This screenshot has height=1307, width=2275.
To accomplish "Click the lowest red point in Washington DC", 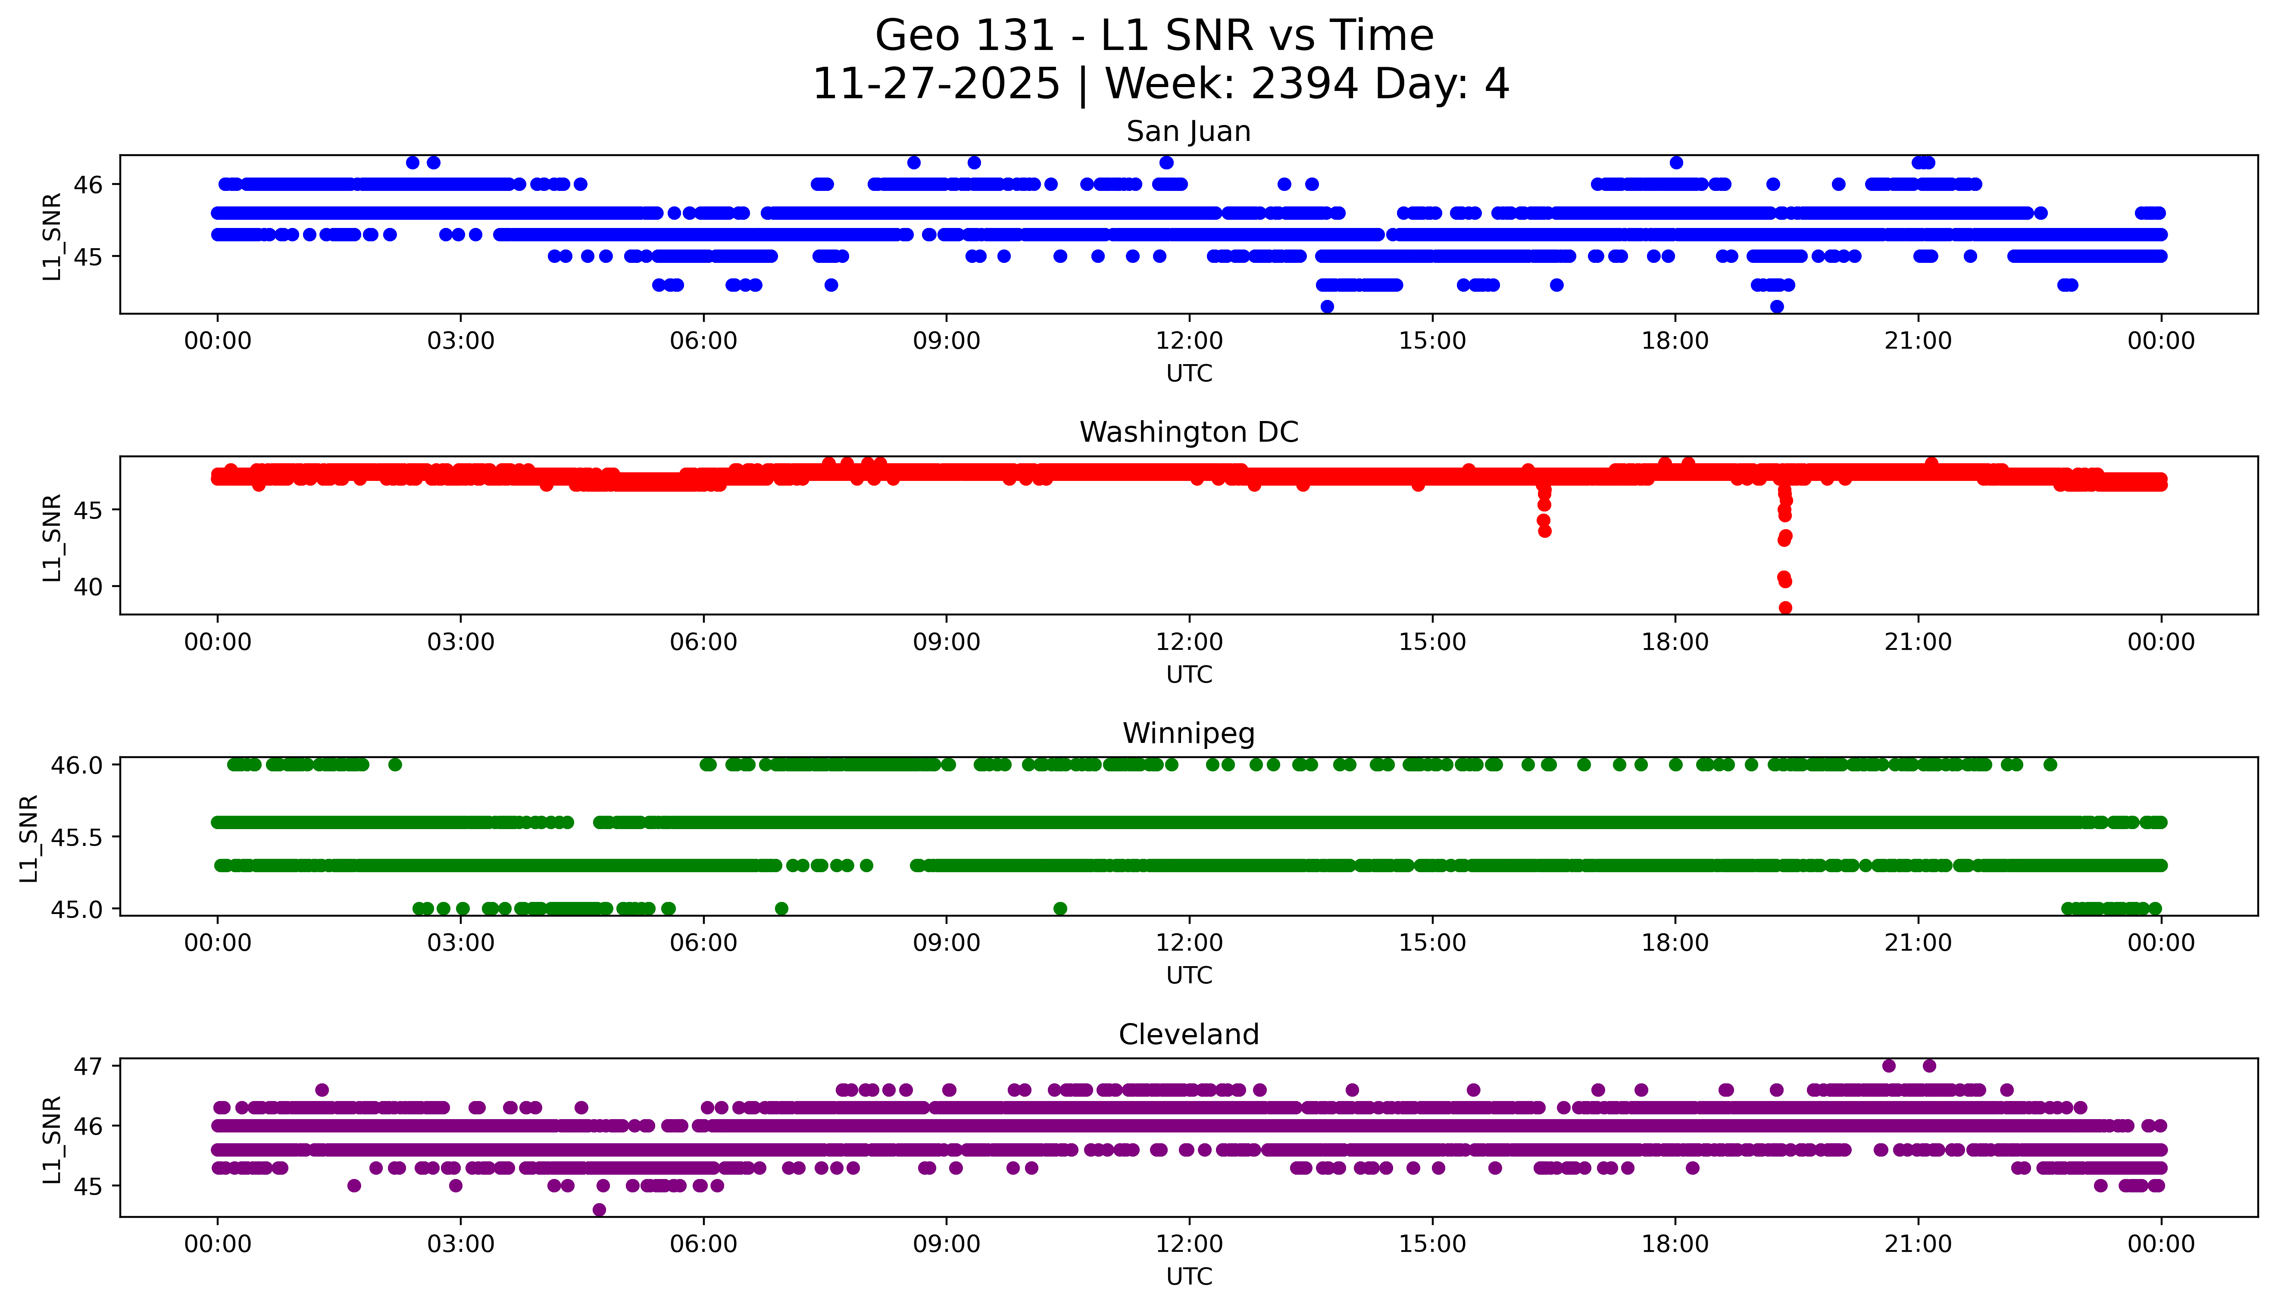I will pos(1785,608).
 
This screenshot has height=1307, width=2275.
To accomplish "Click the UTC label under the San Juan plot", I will pos(1189,374).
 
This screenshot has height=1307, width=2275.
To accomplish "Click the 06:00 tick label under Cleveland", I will pos(703,1244).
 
